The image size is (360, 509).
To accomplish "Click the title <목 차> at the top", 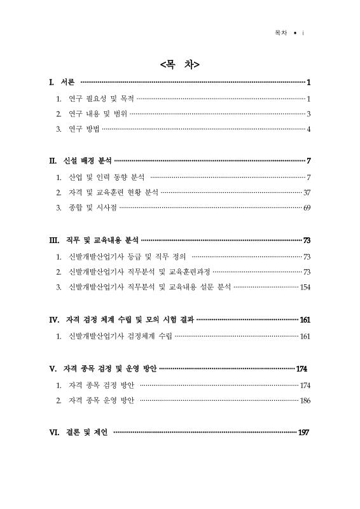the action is [x=180, y=64].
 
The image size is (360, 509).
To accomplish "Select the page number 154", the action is [x=305, y=288].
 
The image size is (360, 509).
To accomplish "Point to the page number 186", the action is [x=305, y=401].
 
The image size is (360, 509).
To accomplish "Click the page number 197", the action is [x=303, y=433].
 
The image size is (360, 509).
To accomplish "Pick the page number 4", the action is [x=308, y=130].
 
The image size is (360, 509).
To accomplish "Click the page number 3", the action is [x=308, y=115].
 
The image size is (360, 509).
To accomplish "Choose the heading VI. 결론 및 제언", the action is [x=79, y=433].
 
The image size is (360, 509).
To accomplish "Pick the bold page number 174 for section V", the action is [x=302, y=369].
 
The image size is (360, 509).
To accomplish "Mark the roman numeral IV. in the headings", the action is [x=55, y=319].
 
